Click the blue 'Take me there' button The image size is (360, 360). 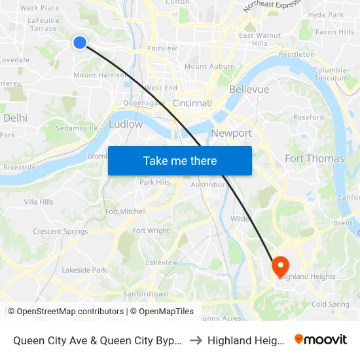[x=180, y=160]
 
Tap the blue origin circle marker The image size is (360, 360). [x=80, y=43]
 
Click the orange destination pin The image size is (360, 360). [x=280, y=266]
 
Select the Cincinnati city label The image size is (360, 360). [x=192, y=103]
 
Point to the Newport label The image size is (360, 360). [x=231, y=133]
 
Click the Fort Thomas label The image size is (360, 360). [x=314, y=158]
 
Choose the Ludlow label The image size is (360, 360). [x=126, y=124]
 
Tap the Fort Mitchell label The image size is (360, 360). [x=125, y=211]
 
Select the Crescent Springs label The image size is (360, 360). [x=60, y=231]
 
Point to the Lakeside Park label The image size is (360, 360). [x=84, y=270]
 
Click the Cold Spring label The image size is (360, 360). [x=330, y=304]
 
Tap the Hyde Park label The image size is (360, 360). [x=325, y=14]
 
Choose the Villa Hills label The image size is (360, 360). [x=39, y=202]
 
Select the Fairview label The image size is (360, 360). [x=162, y=48]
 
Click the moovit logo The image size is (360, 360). [x=320, y=339]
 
